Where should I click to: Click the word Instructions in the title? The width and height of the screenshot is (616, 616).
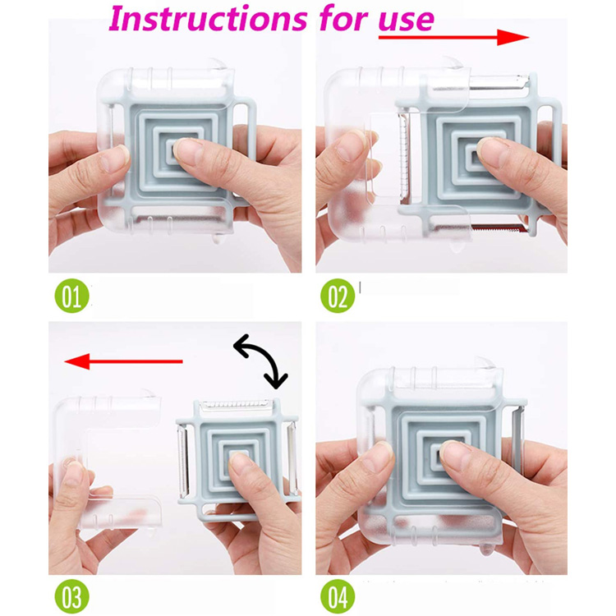coord(208,18)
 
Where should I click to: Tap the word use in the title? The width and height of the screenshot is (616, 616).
coord(407,20)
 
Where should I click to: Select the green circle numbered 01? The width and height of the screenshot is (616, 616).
coord(72,296)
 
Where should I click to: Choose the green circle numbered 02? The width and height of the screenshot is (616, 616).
coord(338,296)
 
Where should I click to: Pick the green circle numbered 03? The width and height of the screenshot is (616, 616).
coord(72,596)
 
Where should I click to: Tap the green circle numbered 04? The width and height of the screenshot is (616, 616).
coord(338,596)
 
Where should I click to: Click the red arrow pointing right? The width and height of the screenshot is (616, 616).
coord(453,37)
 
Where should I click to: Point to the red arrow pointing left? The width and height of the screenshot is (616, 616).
coord(123,361)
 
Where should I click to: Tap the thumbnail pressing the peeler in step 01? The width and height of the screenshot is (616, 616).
coord(187,149)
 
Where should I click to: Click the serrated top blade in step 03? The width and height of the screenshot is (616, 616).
coord(236,405)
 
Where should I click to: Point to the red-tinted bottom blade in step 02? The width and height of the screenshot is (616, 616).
coord(499,228)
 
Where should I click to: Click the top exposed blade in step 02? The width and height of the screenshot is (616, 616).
coord(499,81)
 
